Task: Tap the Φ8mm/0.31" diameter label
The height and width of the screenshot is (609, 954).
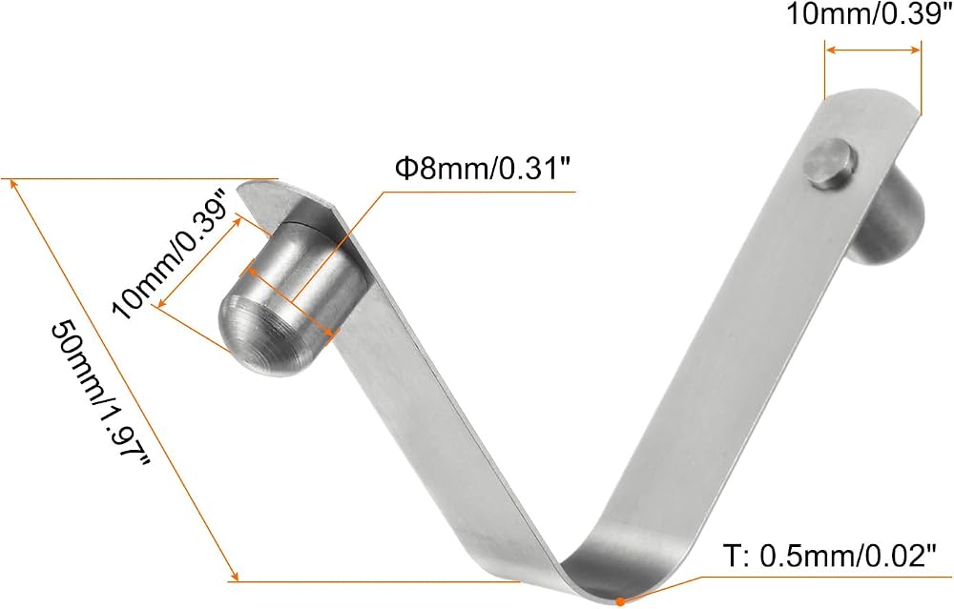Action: [484, 169]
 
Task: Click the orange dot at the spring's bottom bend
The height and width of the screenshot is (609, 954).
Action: [620, 601]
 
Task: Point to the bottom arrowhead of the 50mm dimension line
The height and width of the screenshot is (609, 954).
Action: [235, 576]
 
